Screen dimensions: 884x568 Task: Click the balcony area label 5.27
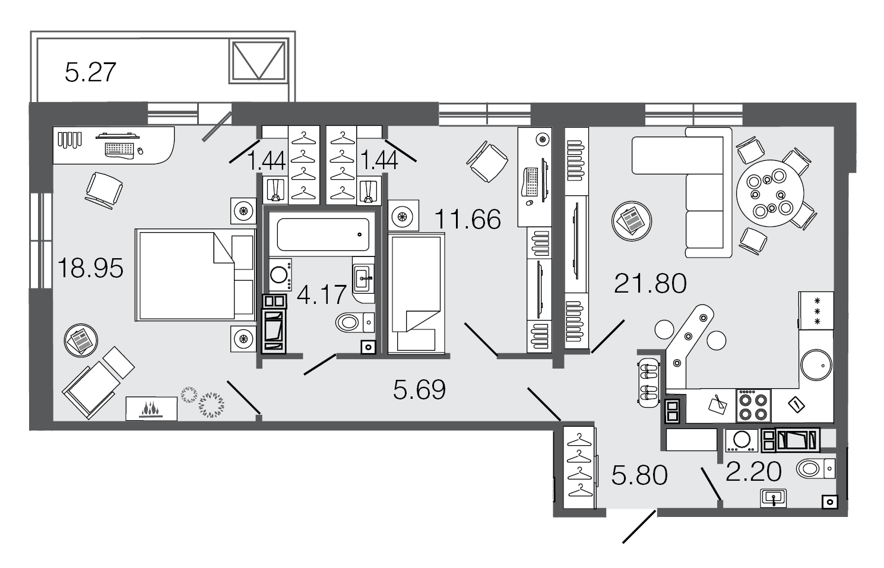point(90,72)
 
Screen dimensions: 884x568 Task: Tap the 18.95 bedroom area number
point(90,268)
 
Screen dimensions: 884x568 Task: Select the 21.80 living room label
point(650,284)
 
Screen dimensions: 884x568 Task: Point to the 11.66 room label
point(468,220)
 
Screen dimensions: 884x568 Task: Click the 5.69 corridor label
point(420,390)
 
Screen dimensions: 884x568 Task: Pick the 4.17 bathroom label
point(322,294)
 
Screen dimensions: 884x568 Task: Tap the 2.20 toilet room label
point(754,471)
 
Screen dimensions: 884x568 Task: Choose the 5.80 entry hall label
point(639,475)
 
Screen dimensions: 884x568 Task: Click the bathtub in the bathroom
point(323,234)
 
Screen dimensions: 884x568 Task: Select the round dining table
point(770,193)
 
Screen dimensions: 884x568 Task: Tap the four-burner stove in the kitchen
point(753,406)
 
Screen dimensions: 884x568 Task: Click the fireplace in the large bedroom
point(151,409)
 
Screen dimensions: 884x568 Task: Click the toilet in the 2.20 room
point(816,469)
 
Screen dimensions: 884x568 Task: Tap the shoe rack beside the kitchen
point(649,383)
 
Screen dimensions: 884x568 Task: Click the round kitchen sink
point(816,365)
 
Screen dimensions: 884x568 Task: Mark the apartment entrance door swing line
point(639,526)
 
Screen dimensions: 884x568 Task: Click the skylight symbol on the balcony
point(259,61)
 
